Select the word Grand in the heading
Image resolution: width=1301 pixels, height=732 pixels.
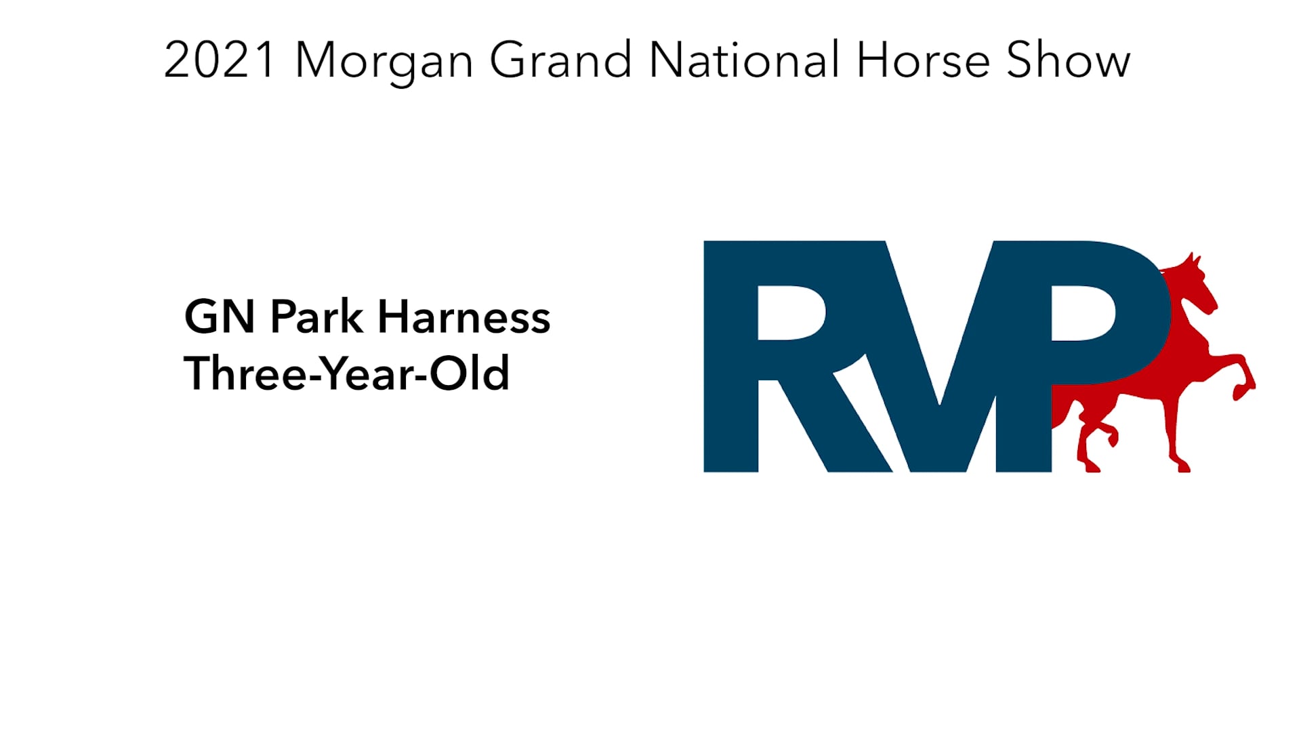tap(560, 60)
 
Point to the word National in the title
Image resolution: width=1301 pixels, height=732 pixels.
tap(744, 60)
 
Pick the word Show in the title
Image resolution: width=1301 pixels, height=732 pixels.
tap(1068, 60)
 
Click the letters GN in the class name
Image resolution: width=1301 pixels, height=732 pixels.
tap(220, 317)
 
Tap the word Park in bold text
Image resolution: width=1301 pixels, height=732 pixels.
tap(316, 317)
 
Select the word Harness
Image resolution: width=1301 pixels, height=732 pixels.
tap(463, 317)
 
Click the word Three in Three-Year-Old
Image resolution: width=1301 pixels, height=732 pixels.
tap(245, 373)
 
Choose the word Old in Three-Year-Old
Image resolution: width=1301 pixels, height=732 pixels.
tap(469, 373)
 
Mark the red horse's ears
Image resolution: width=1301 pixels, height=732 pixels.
tap(1193, 258)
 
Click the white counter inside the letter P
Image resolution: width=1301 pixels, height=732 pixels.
tap(1082, 312)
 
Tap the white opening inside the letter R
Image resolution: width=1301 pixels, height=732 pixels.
tap(789, 312)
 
